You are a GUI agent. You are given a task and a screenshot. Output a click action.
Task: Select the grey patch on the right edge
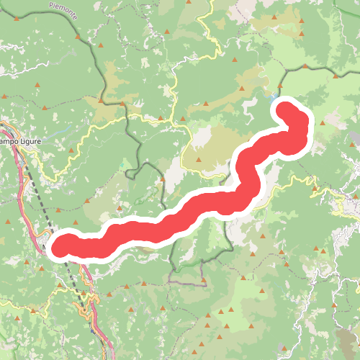[354, 138]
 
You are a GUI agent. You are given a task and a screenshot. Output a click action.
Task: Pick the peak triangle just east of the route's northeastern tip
[322, 122]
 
